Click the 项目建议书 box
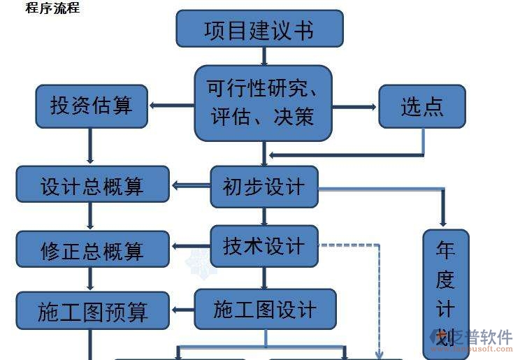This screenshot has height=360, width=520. [x=259, y=29]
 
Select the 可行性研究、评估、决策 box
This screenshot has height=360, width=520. [x=263, y=103]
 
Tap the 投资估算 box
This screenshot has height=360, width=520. [x=92, y=106]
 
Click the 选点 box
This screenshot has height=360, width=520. [x=422, y=106]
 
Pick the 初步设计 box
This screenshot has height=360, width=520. [x=264, y=187]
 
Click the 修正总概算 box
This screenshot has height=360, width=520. [x=92, y=250]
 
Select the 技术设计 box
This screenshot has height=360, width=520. [x=264, y=246]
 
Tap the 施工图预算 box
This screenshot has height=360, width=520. [x=92, y=310]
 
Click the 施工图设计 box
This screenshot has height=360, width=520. [x=265, y=310]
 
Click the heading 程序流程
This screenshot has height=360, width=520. [x=52, y=8]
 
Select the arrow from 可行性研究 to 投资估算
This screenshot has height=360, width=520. [x=171, y=106]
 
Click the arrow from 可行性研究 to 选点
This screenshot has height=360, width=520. [x=354, y=107]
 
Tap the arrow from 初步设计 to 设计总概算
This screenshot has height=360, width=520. [x=190, y=185]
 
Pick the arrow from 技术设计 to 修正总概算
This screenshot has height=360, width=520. [x=190, y=246]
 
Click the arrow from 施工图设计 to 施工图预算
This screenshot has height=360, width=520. [x=182, y=310]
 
